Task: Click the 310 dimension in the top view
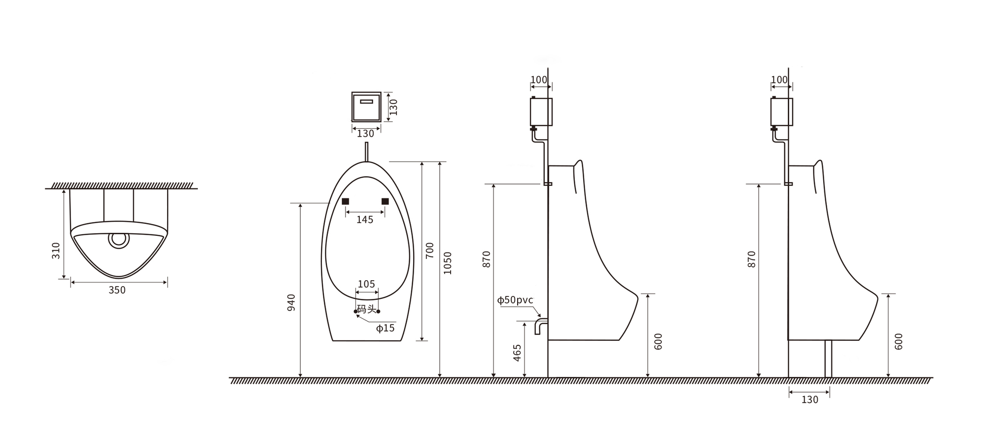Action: click(x=56, y=250)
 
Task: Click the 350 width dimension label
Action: click(x=117, y=290)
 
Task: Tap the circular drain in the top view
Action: click(x=119, y=239)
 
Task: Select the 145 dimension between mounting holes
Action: click(x=365, y=220)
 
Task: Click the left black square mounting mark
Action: click(x=346, y=201)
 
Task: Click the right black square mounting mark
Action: click(x=385, y=201)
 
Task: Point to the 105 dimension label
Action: click(x=366, y=284)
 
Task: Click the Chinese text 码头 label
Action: click(x=366, y=309)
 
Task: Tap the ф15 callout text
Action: click(x=385, y=328)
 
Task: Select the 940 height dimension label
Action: click(x=291, y=302)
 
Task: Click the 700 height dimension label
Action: click(x=430, y=251)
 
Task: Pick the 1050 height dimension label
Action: click(x=448, y=263)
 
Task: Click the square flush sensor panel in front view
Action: click(x=366, y=106)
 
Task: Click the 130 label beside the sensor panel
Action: click(x=393, y=107)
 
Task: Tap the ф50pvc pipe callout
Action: click(x=515, y=300)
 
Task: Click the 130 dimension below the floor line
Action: click(x=810, y=400)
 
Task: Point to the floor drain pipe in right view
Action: click(x=828, y=359)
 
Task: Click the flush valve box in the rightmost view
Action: click(x=782, y=111)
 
